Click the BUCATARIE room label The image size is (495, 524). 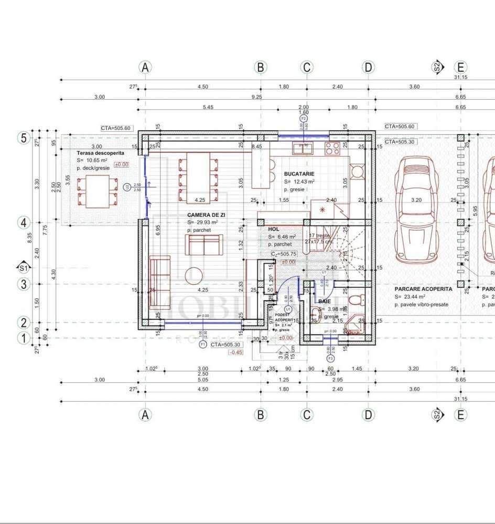click(x=299, y=173)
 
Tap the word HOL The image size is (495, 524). click(x=274, y=229)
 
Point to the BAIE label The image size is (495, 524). click(x=324, y=302)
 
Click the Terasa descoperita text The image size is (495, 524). click(x=100, y=153)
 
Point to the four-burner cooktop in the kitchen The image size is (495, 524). click(x=332, y=148)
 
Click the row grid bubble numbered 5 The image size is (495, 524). click(x=24, y=138)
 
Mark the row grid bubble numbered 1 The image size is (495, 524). click(x=24, y=338)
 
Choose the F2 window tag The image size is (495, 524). click(x=303, y=119)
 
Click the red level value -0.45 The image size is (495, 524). click(x=235, y=352)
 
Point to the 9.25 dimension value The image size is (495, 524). click(x=257, y=97)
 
